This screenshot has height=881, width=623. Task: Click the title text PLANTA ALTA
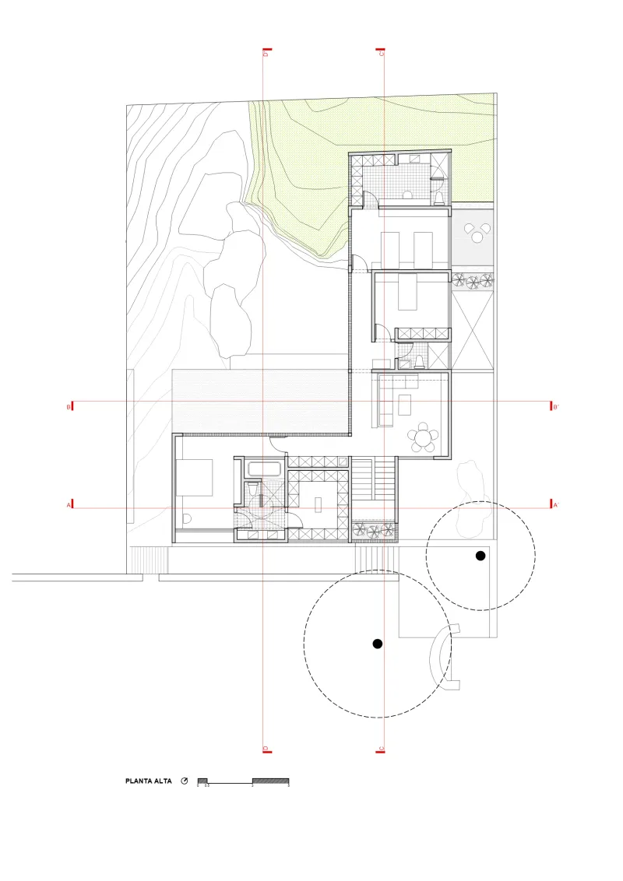148,781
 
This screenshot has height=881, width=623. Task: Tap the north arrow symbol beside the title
185,781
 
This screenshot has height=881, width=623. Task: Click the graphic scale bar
243,780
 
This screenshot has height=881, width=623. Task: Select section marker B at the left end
71,406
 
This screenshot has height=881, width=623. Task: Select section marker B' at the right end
554,406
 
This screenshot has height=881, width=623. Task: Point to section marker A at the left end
71,505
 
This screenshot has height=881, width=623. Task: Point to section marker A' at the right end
554,505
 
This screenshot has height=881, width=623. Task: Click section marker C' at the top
382,53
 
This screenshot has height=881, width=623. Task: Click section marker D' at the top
266,53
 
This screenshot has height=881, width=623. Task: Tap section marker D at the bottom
266,749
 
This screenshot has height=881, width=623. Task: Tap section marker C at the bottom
382,749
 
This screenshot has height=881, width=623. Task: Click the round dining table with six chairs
424,437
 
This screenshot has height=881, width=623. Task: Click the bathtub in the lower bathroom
266,469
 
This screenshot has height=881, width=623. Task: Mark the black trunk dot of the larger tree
378,644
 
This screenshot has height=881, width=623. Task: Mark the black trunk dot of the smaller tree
480,555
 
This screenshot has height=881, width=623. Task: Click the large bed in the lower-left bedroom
195,477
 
